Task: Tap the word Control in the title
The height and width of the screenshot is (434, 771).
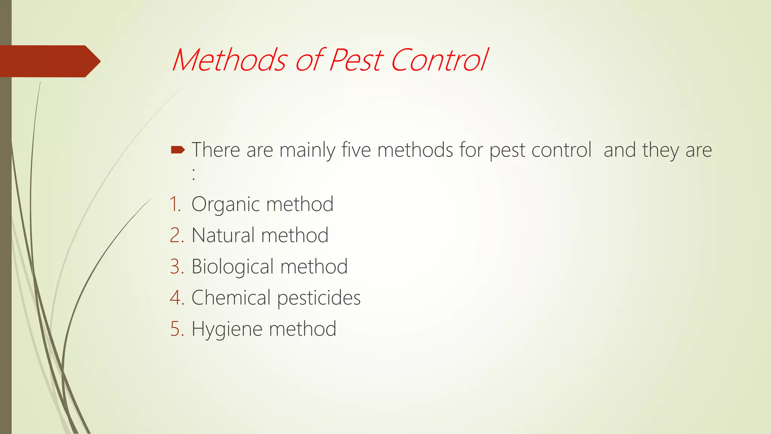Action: click(x=439, y=60)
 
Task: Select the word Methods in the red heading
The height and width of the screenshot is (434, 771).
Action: click(x=229, y=60)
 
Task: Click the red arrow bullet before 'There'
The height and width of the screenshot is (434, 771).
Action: click(x=178, y=150)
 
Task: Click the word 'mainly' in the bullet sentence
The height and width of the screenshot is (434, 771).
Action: click(x=307, y=150)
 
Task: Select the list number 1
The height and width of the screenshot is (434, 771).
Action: click(x=175, y=205)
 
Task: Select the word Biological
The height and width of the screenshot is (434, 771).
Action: click(x=232, y=267)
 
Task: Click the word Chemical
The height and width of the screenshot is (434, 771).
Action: click(x=231, y=298)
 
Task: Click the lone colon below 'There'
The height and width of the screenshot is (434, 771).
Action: click(x=194, y=174)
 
